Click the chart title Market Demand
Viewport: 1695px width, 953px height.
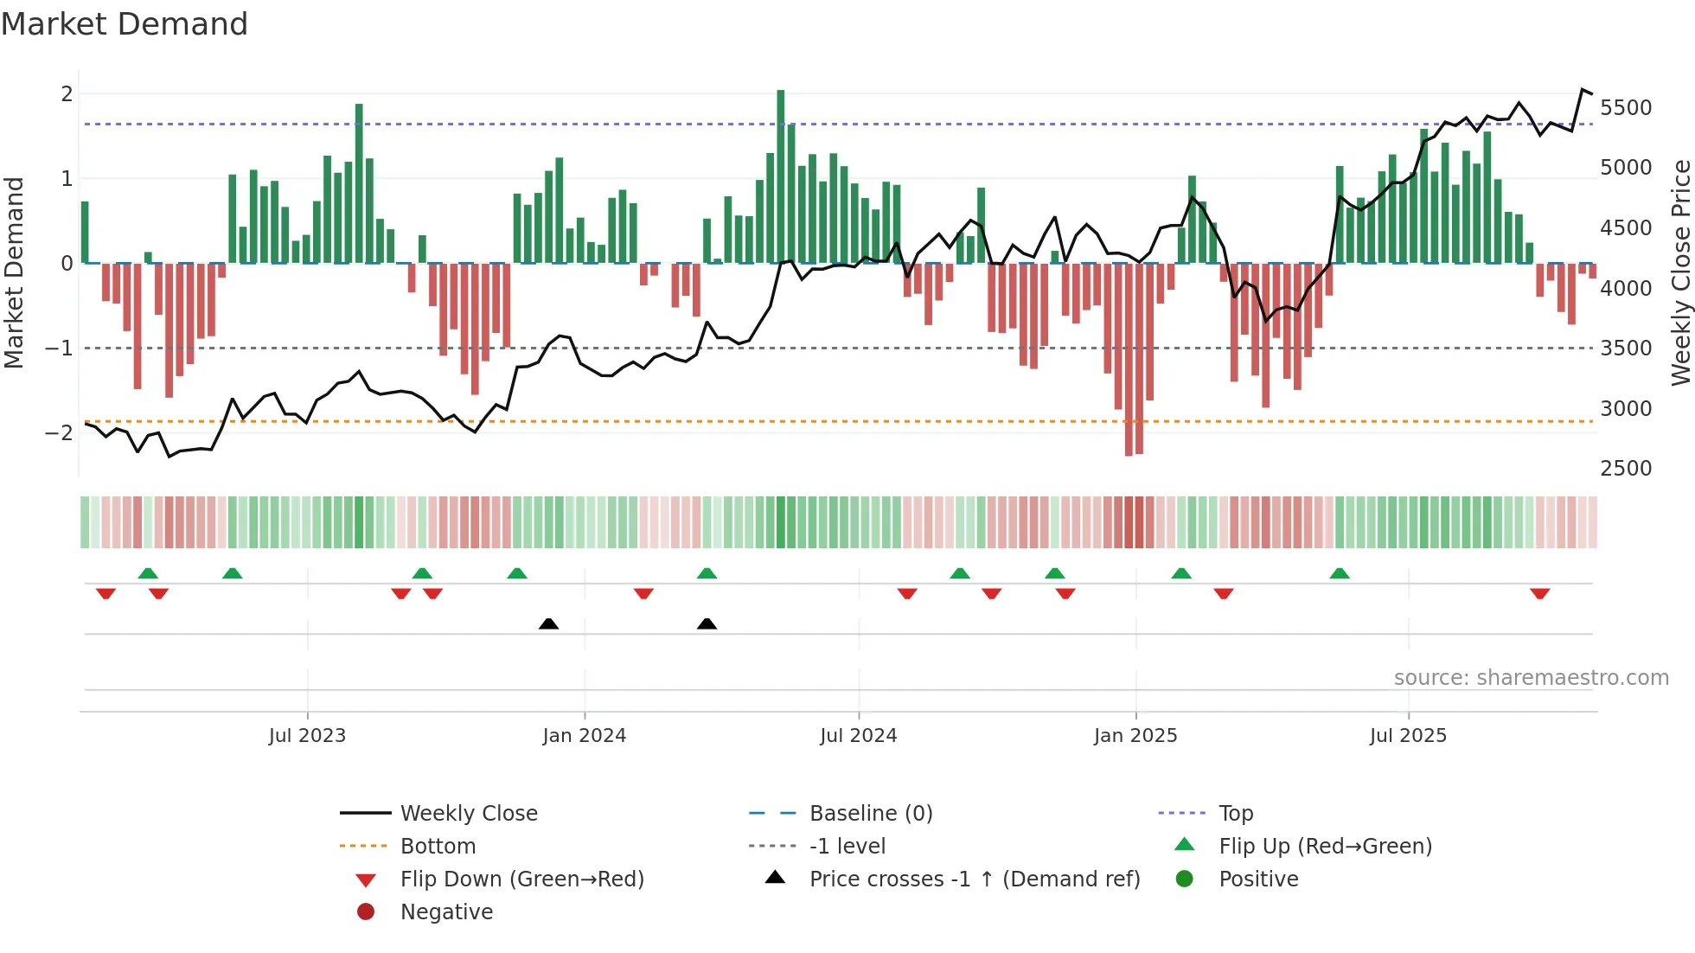pyautogui.click(x=125, y=24)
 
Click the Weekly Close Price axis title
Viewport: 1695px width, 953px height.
pyautogui.click(x=1680, y=272)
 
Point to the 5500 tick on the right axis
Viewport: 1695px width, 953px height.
pyautogui.click(x=1625, y=108)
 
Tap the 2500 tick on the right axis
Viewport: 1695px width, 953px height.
pyautogui.click(x=1625, y=468)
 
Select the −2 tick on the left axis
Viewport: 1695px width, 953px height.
pyautogui.click(x=60, y=432)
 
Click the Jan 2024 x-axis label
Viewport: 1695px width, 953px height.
pyautogui.click(x=584, y=736)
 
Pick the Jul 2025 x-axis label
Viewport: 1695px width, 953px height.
pyautogui.click(x=1407, y=736)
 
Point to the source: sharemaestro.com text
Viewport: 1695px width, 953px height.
pyautogui.click(x=1531, y=678)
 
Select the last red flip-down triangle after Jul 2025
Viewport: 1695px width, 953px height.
pyautogui.click(x=1539, y=593)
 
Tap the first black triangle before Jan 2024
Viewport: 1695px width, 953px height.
pyautogui.click(x=548, y=624)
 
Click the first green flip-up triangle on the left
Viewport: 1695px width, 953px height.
pyautogui.click(x=148, y=573)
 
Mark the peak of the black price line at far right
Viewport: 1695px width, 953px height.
pyautogui.click(x=1583, y=90)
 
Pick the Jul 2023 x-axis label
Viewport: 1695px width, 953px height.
pyautogui.click(x=307, y=736)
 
